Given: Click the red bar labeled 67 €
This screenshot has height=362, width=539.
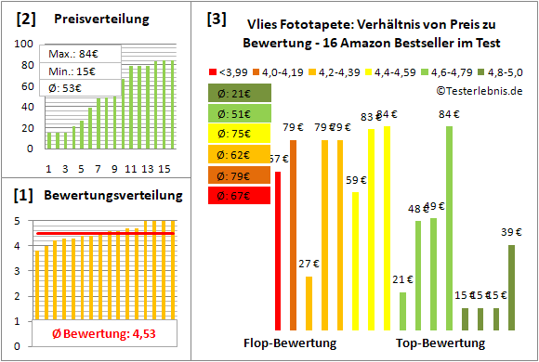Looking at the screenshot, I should [278, 251].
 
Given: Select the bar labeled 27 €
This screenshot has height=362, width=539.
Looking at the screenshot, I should [309, 303].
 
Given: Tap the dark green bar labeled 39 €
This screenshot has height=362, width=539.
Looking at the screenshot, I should [511, 287].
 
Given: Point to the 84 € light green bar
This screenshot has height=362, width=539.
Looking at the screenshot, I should [450, 227].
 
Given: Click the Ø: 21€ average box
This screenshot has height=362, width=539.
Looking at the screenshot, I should [238, 93].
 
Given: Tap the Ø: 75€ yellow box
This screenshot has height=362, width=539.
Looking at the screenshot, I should [238, 134].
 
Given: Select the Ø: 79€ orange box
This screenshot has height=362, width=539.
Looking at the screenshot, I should [238, 175].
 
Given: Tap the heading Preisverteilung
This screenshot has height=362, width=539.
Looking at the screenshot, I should [93, 19].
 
